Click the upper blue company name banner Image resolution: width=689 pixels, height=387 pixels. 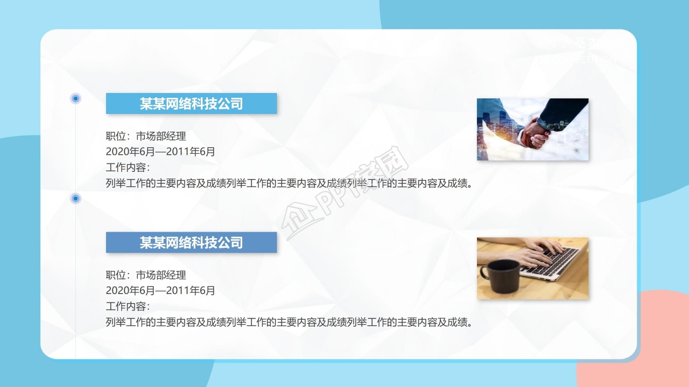click(x=191, y=103)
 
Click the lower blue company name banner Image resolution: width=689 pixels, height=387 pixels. click(x=191, y=242)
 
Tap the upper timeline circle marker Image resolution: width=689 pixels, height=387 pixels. click(x=76, y=98)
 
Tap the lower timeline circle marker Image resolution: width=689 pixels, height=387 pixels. click(x=76, y=199)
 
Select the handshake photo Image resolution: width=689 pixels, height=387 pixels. click(x=532, y=130)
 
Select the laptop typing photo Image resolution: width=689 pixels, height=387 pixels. click(x=532, y=268)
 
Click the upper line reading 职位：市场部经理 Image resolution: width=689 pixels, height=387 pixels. click(x=146, y=137)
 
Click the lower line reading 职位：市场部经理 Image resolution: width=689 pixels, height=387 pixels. click(x=146, y=275)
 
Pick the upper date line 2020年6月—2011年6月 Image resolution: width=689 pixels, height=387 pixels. click(x=160, y=152)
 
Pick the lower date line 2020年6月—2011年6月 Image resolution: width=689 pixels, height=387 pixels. click(x=160, y=291)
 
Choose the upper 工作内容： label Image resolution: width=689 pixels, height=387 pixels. click(x=128, y=168)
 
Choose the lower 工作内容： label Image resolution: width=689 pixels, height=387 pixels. click(x=128, y=306)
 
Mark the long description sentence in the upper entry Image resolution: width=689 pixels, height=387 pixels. click(x=290, y=183)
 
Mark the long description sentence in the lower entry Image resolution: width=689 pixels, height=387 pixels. click(x=290, y=322)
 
